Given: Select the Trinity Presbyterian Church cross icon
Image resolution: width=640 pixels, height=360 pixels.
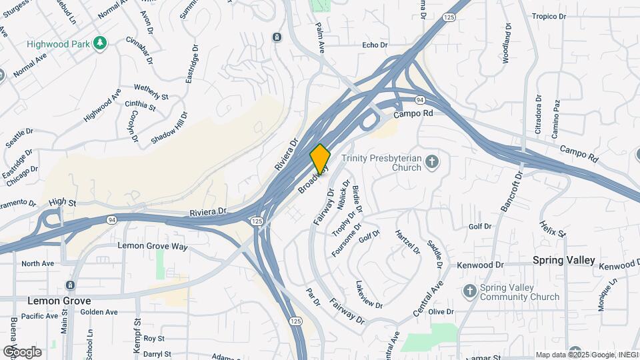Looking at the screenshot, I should pos(432,162).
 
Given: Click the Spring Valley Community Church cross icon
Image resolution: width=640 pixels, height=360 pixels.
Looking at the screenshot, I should pos(469,292).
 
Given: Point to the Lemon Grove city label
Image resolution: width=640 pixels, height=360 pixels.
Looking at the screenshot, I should pos(59,301).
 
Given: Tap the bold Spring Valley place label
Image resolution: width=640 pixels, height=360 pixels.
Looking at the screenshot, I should pos(563,261).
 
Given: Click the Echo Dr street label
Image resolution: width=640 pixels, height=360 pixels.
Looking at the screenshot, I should pos(374,45).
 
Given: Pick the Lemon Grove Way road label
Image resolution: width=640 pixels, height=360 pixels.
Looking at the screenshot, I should pos(153,246).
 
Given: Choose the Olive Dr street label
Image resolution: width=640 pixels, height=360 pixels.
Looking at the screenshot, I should pos(441,312).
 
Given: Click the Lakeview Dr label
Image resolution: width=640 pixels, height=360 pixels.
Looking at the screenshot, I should pos(369,294).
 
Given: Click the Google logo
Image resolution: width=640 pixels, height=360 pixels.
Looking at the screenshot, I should pos(22,351).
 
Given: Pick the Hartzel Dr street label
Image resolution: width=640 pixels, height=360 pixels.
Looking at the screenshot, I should pos(407,243).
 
